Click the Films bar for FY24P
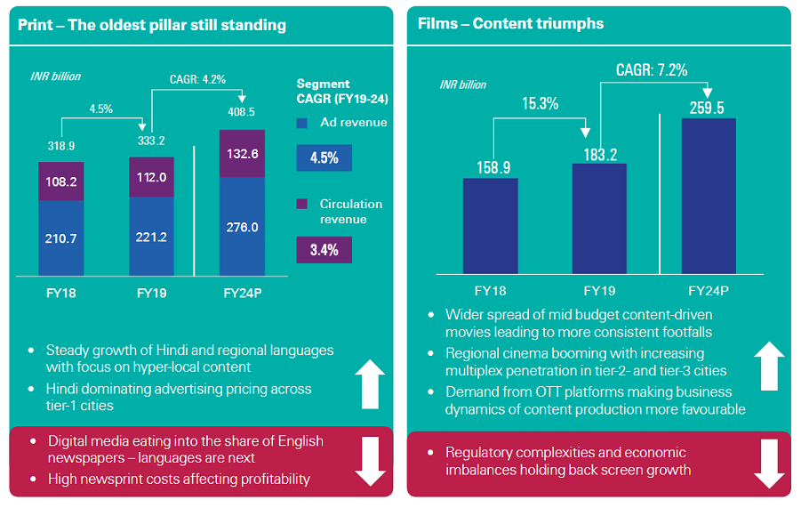pyautogui.click(x=709, y=196)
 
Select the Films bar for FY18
pyautogui.click(x=490, y=226)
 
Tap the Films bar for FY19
pyautogui.click(x=599, y=219)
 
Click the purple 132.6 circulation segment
pyautogui.click(x=242, y=154)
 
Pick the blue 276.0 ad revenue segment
pyautogui.click(x=242, y=228)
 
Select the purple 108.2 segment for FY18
pyautogui.click(x=60, y=181)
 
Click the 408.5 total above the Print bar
pyautogui.click(x=242, y=112)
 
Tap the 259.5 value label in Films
pyautogui.click(x=709, y=108)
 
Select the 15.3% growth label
pyautogui.click(x=540, y=103)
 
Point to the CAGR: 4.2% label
pyautogui.click(x=197, y=79)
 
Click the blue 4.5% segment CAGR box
pyautogui.click(x=324, y=158)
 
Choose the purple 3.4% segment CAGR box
pyautogui.click(x=324, y=250)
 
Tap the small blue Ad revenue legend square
pyautogui.click(x=303, y=124)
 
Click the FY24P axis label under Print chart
pyautogui.click(x=242, y=292)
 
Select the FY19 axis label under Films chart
pyautogui.click(x=599, y=291)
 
